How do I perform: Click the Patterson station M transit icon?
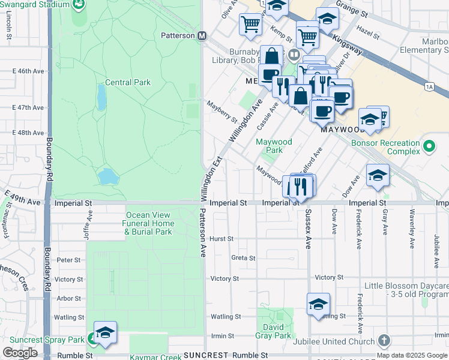[x=203, y=35]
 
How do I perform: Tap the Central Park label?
[x=128, y=82]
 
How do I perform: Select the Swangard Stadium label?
[x=35, y=4]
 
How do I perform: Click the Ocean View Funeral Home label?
[x=149, y=223]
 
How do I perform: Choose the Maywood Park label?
[x=274, y=146]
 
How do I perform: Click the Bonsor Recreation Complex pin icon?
[x=429, y=146]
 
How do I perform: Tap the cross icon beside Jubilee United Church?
[x=384, y=341]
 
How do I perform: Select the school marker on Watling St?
[x=318, y=304]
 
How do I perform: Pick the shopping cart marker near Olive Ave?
[x=250, y=25]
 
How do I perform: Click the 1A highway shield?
[x=429, y=87]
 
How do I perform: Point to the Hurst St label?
[x=221, y=239]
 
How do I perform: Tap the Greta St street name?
[x=243, y=258]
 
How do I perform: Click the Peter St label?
[x=68, y=260]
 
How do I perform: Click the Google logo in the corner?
[x=20, y=353]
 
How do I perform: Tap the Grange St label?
[x=352, y=10]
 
